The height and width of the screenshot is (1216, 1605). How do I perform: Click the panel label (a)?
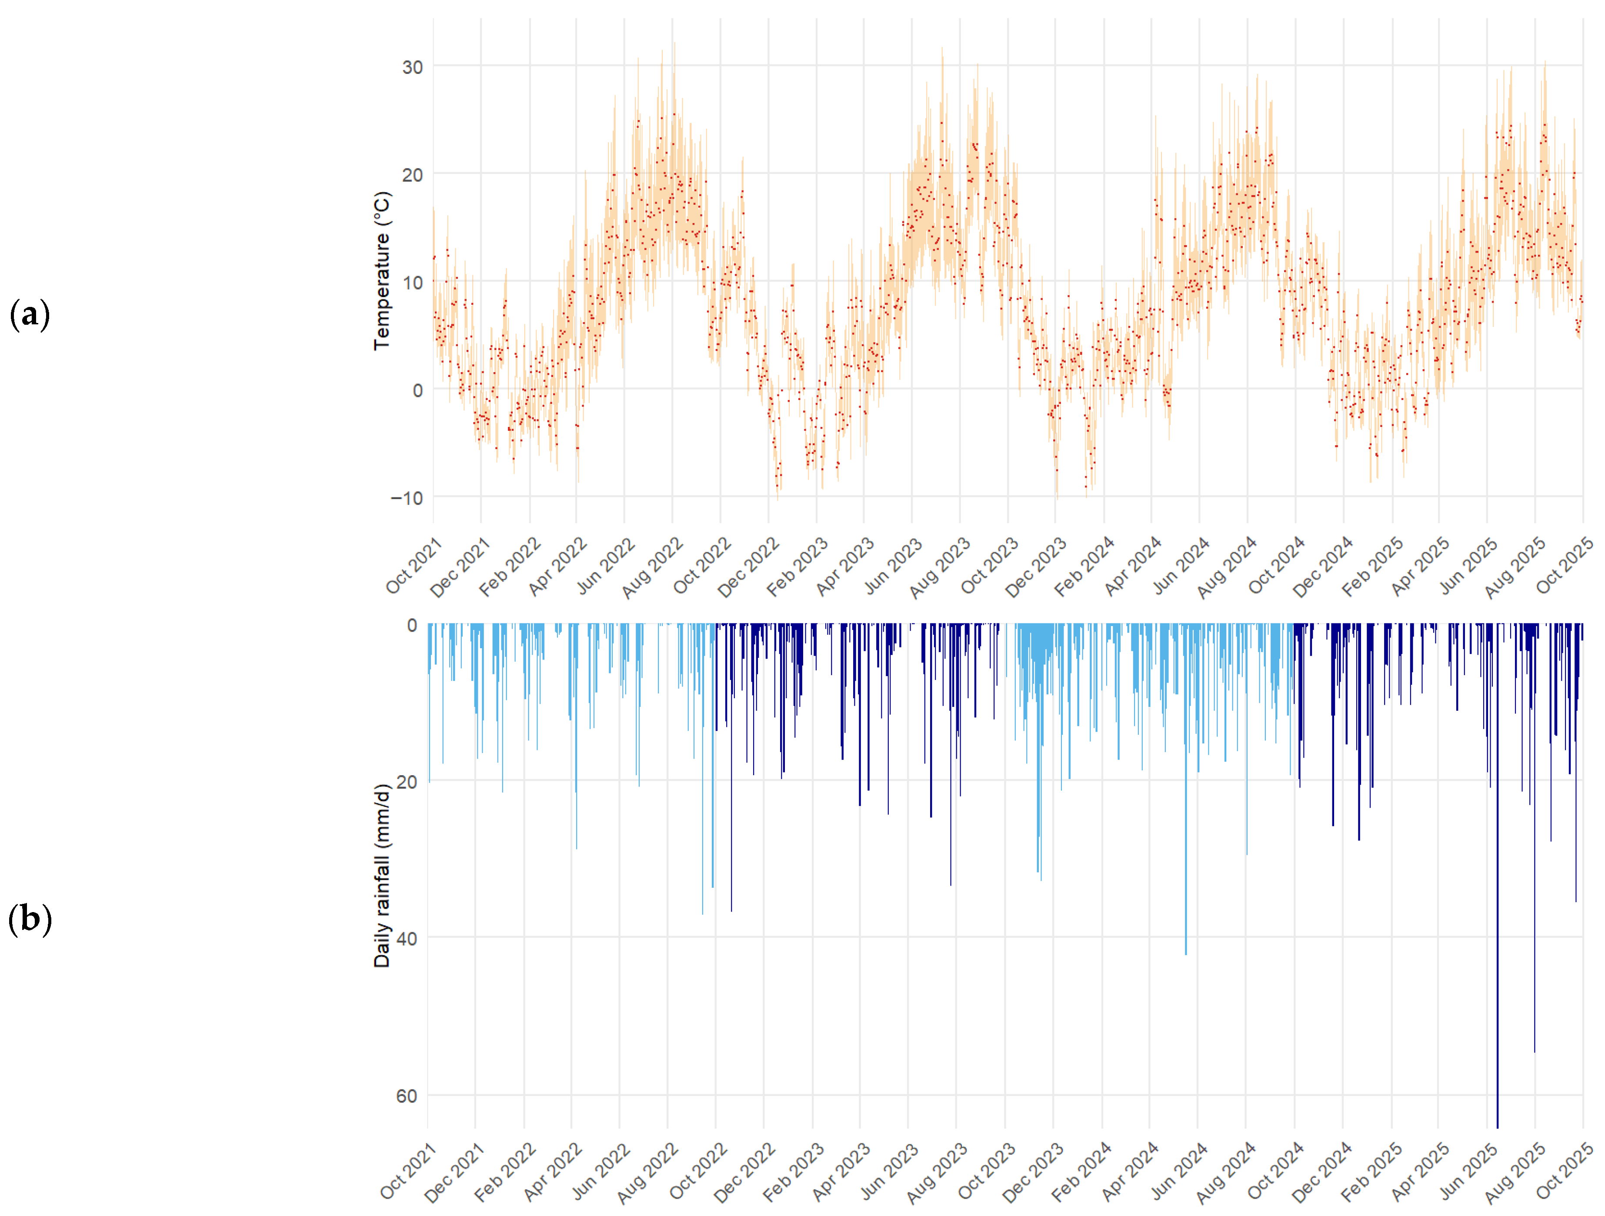tap(30, 315)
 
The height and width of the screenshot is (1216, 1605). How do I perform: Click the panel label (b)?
tap(30, 919)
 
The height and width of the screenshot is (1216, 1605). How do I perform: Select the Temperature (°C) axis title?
tap(382, 270)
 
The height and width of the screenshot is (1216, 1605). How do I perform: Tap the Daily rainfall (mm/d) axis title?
tap(382, 875)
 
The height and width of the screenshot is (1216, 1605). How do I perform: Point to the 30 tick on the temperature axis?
tap(412, 67)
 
